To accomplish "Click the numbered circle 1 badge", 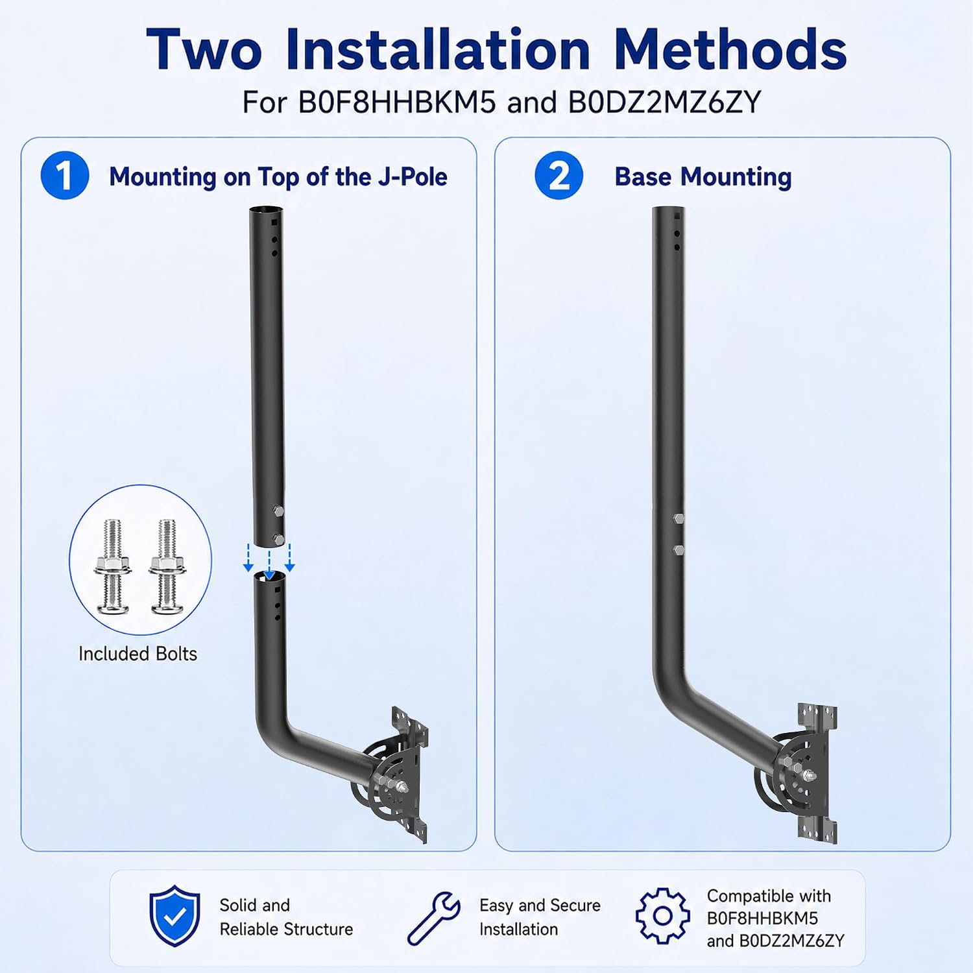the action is [x=65, y=175].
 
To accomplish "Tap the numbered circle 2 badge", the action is [x=559, y=175].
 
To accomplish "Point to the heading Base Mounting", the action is [x=703, y=176].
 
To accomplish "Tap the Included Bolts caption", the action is [x=138, y=653].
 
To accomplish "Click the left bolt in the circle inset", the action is [x=112, y=566].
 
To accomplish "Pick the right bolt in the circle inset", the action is [x=167, y=566].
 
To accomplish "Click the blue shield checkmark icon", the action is [x=174, y=916].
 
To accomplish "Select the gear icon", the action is [x=663, y=916].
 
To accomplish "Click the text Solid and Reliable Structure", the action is [x=286, y=917].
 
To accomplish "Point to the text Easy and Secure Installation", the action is [x=540, y=917].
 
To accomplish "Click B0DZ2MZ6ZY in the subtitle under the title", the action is [x=664, y=102].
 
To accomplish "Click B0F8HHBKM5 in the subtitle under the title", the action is [x=397, y=102].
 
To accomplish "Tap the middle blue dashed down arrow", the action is [x=269, y=564].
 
